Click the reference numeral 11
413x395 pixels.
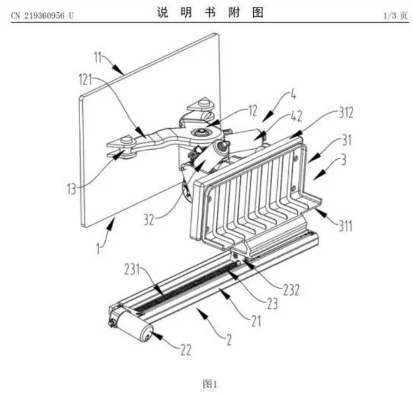(x=99, y=58)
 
